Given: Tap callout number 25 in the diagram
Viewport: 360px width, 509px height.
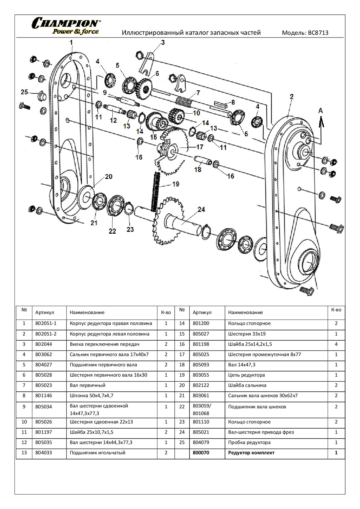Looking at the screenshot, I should (x=24, y=92).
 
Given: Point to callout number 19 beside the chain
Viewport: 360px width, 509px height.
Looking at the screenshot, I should (x=176, y=184).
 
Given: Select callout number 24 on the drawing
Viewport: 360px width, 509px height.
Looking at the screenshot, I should (x=201, y=209).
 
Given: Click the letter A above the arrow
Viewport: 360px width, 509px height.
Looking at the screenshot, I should (x=320, y=111).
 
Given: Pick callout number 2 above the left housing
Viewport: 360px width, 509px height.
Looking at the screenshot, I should (x=291, y=97).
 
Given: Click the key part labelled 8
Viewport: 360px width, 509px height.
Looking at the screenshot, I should (x=222, y=105).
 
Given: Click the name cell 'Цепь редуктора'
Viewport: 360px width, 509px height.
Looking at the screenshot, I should (x=246, y=375).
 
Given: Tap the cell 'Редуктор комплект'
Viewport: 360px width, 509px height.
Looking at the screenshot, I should (x=251, y=453).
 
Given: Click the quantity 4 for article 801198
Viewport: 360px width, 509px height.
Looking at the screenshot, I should (x=336, y=344).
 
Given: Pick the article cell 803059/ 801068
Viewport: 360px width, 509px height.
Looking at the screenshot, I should (x=202, y=410).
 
